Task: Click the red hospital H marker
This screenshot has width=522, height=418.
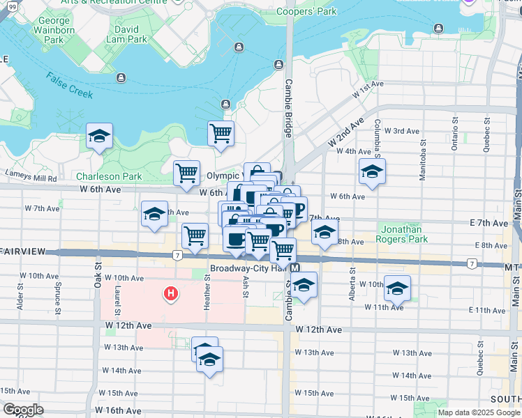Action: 170,295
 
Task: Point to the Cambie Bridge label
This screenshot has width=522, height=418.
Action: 288,107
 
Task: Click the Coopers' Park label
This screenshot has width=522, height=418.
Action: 306,11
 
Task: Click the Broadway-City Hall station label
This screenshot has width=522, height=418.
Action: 249,268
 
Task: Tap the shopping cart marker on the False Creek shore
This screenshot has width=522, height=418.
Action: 221,132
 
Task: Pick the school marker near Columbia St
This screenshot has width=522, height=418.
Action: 372,171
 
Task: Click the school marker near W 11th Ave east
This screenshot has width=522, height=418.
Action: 397,288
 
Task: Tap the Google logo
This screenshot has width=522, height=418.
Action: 23,410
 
